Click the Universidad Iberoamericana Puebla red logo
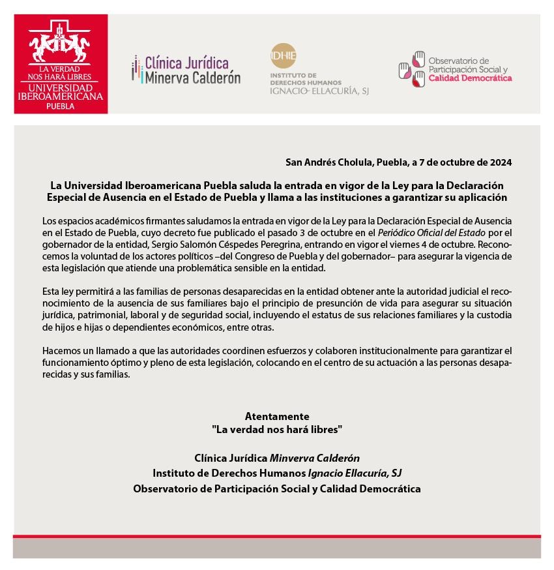tap(61, 64)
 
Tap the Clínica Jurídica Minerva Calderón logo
tap(186, 70)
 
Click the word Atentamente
tap(277, 416)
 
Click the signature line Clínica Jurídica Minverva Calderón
tap(277, 458)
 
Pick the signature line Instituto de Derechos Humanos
tap(277, 473)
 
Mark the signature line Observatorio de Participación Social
tap(277, 488)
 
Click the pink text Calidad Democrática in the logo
tap(470, 78)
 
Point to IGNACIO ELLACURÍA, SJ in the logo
tap(319, 91)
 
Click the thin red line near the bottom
tap(277, 536)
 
